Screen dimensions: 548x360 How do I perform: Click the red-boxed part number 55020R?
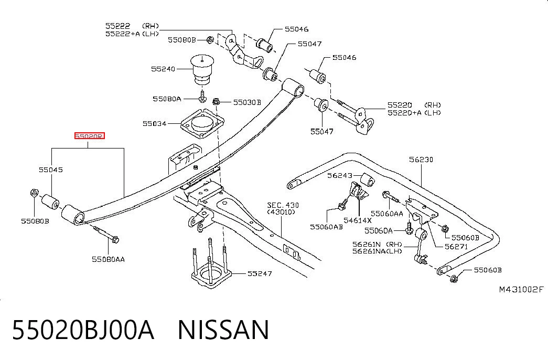pos(90,136)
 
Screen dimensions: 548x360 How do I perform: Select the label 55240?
pos(163,69)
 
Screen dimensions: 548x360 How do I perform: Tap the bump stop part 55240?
pos(202,69)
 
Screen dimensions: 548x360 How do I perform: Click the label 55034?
pos(154,123)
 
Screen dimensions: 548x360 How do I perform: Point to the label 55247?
pos(260,273)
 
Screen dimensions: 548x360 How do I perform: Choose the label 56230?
pos(421,160)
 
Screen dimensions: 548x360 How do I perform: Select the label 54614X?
pos(358,220)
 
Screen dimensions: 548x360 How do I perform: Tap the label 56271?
pos(456,246)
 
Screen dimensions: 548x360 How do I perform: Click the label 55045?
pos(51,170)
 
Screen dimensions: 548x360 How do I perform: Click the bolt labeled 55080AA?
pos(106,234)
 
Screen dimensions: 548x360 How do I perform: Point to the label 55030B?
pos(247,102)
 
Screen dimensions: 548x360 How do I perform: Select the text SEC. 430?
pos(283,205)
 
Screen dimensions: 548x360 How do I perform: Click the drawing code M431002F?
pos(521,289)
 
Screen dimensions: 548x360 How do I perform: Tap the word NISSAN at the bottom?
pos(224,329)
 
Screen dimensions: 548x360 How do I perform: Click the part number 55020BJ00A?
pos(83,329)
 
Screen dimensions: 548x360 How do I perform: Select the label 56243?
pos(340,175)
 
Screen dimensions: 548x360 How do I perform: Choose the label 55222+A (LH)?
pos(132,34)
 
